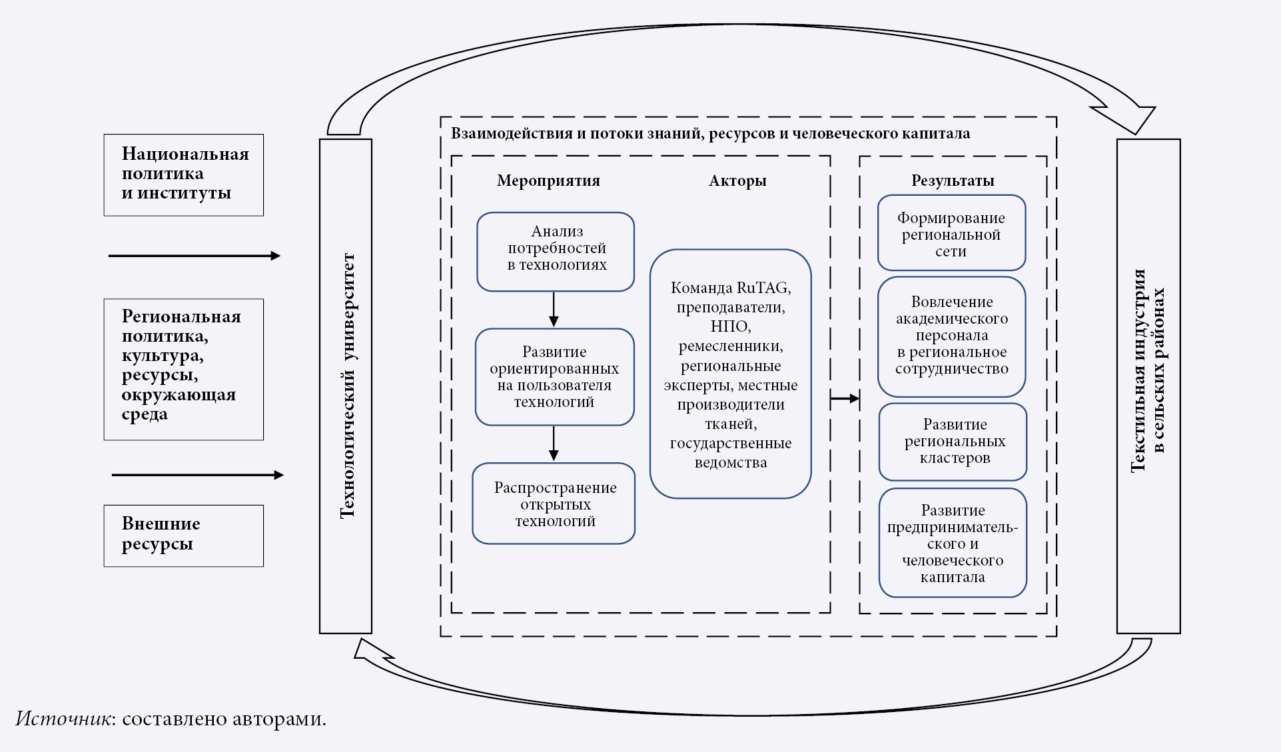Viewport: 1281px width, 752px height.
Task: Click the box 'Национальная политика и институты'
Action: coord(183,175)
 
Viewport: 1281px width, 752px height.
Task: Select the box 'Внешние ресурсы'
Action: coord(183,536)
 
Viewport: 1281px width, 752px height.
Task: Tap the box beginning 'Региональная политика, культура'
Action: coord(183,369)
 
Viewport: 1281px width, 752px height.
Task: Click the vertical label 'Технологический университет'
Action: coord(346,386)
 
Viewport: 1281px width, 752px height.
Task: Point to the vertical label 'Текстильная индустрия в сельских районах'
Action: coord(1148,370)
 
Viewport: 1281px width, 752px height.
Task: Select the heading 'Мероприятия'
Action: coord(548,181)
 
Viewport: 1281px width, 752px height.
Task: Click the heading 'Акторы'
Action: coord(737,181)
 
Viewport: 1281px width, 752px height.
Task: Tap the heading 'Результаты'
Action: coord(953,181)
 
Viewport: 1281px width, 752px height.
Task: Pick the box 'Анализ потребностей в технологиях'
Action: coord(556,251)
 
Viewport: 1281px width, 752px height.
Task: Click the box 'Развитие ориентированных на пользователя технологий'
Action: coord(554,376)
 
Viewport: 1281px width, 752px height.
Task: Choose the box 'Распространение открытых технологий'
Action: coord(554,504)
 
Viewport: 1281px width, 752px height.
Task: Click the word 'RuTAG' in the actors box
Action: coord(763,288)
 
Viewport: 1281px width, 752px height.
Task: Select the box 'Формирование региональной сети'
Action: coord(951,233)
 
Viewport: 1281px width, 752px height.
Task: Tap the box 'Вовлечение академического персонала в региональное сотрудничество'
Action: coord(951,336)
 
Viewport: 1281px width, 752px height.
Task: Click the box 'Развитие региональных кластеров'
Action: coord(953,441)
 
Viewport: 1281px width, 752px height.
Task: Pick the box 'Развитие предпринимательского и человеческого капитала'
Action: coord(953,543)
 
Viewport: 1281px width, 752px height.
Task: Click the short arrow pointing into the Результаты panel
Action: coord(845,398)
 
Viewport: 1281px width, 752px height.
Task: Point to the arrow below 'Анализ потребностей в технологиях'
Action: coord(554,310)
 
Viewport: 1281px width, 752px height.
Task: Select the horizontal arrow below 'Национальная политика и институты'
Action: coord(194,256)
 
